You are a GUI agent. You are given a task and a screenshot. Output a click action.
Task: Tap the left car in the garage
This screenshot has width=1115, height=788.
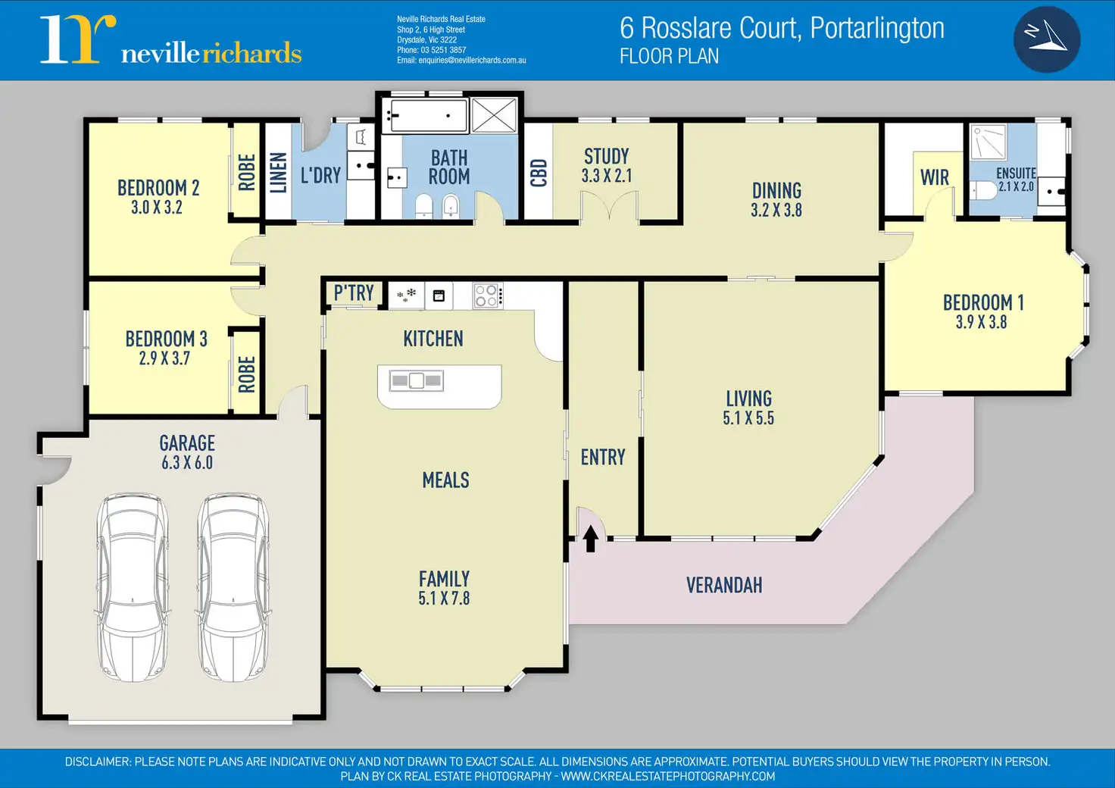click(x=133, y=587)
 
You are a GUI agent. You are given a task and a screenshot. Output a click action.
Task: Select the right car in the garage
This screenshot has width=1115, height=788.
click(x=233, y=587)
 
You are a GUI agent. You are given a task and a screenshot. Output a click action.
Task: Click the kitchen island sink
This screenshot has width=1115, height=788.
click(x=416, y=380)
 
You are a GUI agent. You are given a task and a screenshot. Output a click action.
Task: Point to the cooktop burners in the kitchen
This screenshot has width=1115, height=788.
click(x=486, y=295)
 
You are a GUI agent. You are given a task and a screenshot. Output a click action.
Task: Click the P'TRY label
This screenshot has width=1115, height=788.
click(x=354, y=293)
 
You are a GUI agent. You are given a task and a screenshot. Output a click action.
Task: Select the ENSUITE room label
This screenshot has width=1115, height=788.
click(x=1016, y=174)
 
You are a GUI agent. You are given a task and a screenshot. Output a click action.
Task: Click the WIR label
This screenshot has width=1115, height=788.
click(x=934, y=177)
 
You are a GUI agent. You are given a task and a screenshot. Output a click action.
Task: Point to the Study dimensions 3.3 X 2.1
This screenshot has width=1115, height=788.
click(x=606, y=176)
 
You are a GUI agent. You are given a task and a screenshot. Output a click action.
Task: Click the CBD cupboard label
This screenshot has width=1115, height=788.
click(x=539, y=173)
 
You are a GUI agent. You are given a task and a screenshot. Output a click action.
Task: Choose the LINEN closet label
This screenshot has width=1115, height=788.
click(x=279, y=172)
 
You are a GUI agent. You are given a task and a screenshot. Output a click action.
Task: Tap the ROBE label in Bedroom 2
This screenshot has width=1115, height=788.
click(x=246, y=172)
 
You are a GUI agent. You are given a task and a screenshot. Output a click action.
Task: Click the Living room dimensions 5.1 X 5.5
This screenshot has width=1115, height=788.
click(x=748, y=418)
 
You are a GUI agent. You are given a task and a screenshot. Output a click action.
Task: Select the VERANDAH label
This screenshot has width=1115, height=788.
click(x=724, y=585)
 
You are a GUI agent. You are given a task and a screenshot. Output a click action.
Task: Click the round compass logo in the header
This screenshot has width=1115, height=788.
click(x=1046, y=39)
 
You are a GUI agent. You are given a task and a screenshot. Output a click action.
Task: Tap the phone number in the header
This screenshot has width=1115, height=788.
click(x=431, y=50)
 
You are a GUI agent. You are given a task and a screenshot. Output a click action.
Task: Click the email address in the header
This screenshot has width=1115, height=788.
click(x=461, y=61)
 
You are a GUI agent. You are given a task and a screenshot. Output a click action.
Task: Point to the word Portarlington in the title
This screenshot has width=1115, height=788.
click(x=877, y=28)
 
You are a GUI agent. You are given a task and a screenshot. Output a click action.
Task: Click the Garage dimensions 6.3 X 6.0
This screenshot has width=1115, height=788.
click(x=187, y=463)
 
